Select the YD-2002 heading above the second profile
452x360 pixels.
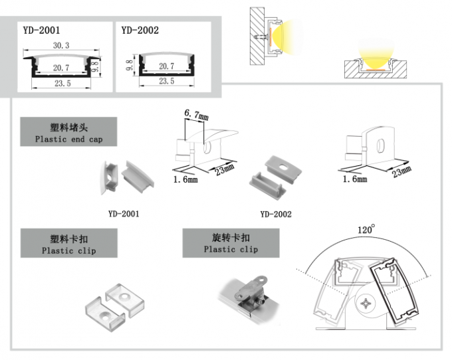point(140,30)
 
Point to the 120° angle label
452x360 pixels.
point(366,229)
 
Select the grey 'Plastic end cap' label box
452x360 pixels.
point(68,132)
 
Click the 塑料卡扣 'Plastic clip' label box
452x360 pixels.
point(68,243)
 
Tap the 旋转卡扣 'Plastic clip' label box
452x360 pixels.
point(231,242)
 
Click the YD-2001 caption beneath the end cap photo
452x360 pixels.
point(124,214)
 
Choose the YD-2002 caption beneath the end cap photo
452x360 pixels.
point(276,214)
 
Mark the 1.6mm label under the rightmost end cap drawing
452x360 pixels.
point(354,179)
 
